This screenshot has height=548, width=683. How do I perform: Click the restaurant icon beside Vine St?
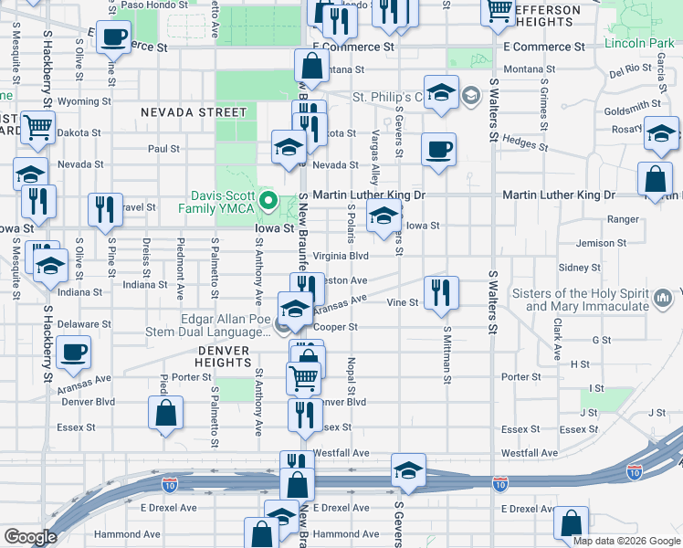coord(441,292)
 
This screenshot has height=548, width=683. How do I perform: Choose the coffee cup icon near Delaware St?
coord(73,352)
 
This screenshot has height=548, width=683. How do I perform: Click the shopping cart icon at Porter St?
coord(303,375)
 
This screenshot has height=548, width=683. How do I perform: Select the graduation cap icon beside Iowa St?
coord(384,217)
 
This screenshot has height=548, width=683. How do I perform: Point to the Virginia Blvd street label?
coord(341,257)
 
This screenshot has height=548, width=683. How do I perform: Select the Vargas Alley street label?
coord(374,151)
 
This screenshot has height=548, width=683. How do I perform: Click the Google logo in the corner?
coord(30,536)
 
